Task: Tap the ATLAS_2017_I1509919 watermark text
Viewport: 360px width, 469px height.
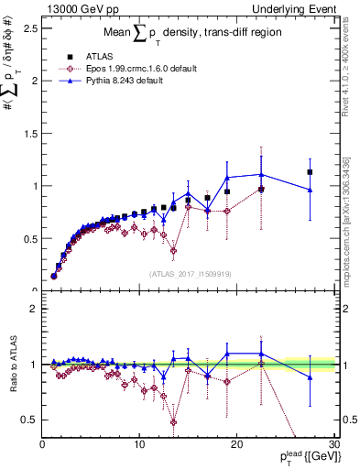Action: [189, 272]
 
